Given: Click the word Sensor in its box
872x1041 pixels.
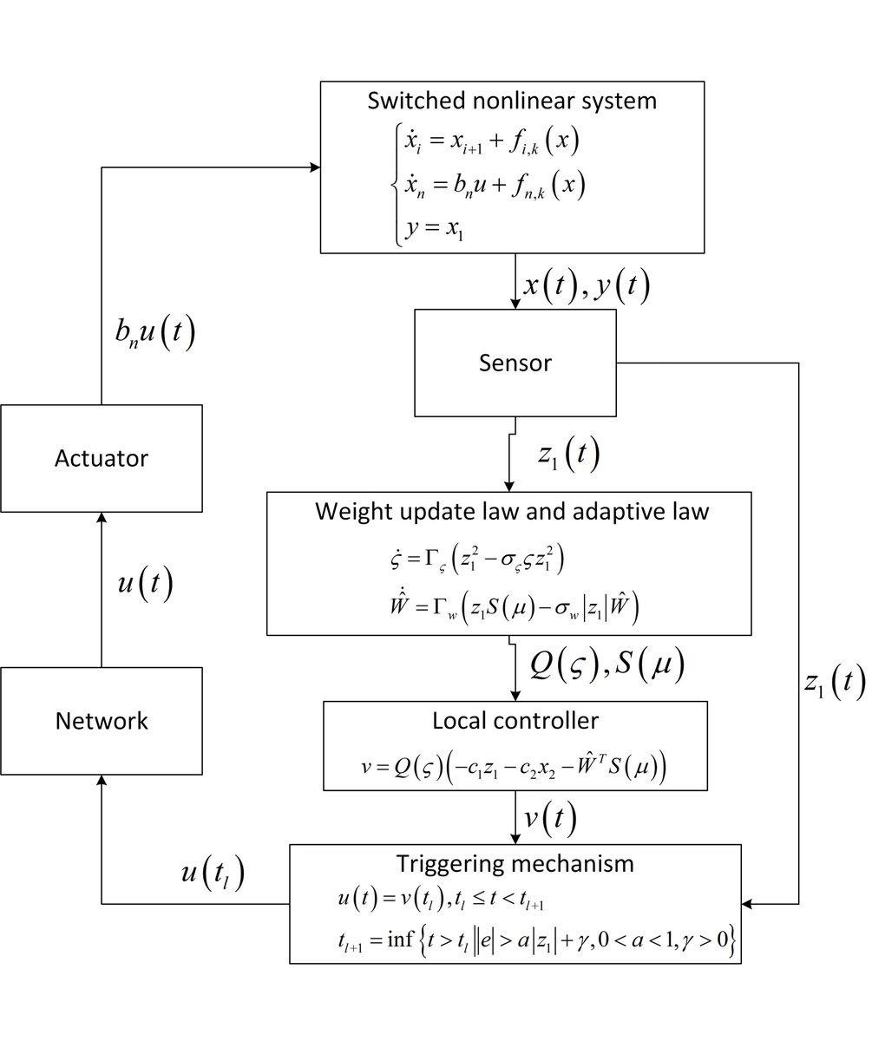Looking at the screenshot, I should click(x=515, y=363).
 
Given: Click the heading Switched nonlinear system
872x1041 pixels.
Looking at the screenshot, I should click(x=512, y=100).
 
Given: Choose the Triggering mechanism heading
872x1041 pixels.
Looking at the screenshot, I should click(x=515, y=863).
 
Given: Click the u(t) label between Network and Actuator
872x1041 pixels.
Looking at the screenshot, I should click(x=145, y=586).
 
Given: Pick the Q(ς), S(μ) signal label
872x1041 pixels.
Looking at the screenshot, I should click(x=607, y=665).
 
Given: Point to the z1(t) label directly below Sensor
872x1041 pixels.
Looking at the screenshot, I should click(x=568, y=455).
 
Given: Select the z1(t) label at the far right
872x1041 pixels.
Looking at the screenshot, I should click(x=833, y=684).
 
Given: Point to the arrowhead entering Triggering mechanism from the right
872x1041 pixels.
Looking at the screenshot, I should click(x=750, y=905).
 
